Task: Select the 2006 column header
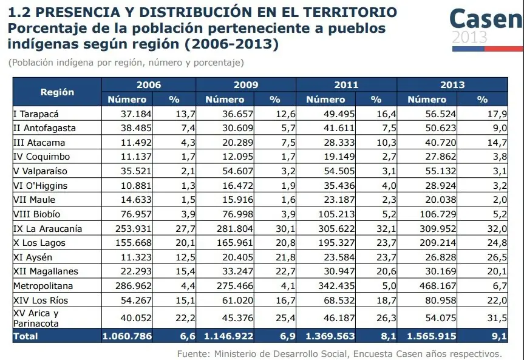149,85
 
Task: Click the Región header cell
57,92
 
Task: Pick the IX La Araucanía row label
47,229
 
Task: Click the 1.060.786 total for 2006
128,336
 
